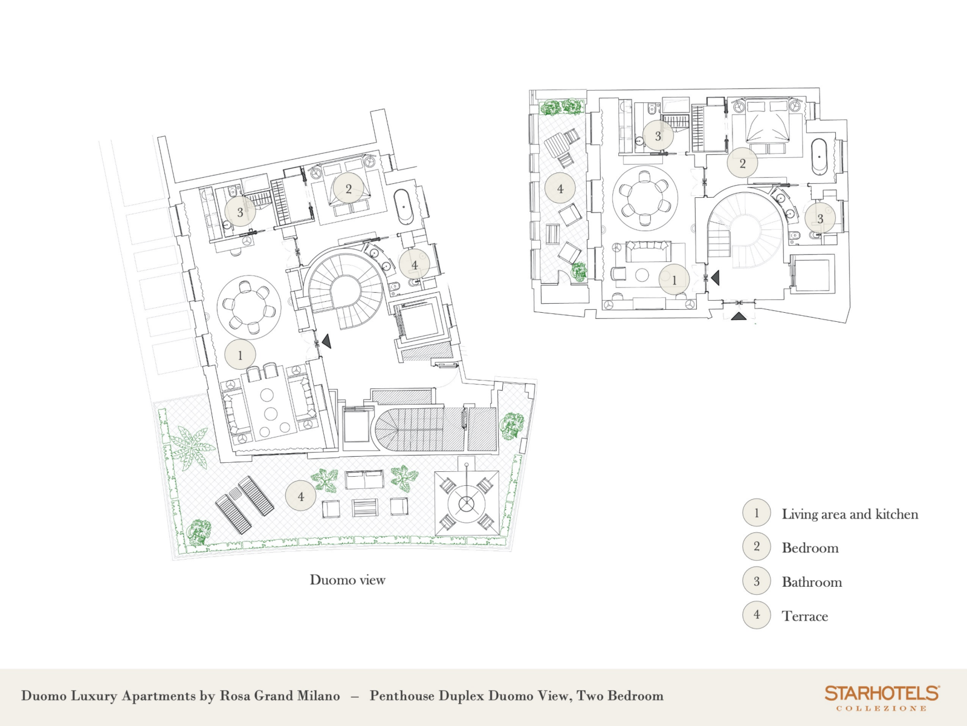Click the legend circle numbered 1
(757, 512)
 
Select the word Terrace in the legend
(805, 616)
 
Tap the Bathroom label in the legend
(812, 582)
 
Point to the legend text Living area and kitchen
(850, 514)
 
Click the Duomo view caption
(348, 580)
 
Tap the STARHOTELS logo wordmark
(882, 693)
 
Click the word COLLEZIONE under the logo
(882, 708)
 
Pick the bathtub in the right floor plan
(819, 157)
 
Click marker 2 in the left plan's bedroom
(349, 189)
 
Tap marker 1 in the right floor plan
(674, 280)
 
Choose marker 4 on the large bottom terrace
(301, 496)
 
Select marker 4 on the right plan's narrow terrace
(560, 189)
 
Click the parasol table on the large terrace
(467, 503)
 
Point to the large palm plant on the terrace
(192, 448)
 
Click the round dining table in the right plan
(644, 198)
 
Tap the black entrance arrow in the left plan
(326, 341)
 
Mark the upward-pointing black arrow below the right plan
(739, 316)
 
